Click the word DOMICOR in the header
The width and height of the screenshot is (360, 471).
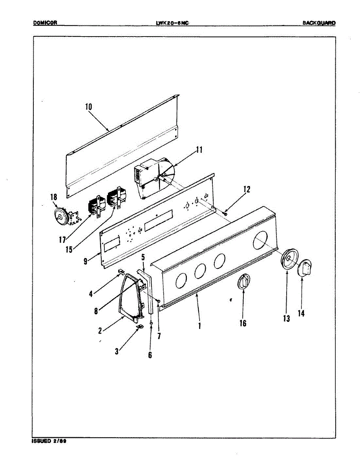(46, 23)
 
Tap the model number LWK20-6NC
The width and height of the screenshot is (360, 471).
(172, 23)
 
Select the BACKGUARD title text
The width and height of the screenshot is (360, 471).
(319, 23)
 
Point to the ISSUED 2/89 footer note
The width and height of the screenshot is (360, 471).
(49, 441)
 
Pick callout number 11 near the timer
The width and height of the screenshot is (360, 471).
(199, 150)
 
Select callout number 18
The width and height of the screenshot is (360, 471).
(54, 197)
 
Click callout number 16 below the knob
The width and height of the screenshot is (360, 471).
(243, 323)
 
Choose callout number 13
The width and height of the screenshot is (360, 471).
(287, 318)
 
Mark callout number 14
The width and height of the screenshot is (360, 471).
(301, 313)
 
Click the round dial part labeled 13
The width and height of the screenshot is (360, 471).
(289, 259)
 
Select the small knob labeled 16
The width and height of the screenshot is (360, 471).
(244, 282)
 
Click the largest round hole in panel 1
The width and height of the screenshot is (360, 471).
(259, 239)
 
